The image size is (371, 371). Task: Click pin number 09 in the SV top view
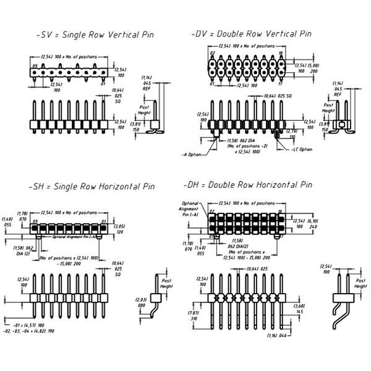click(36, 65)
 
